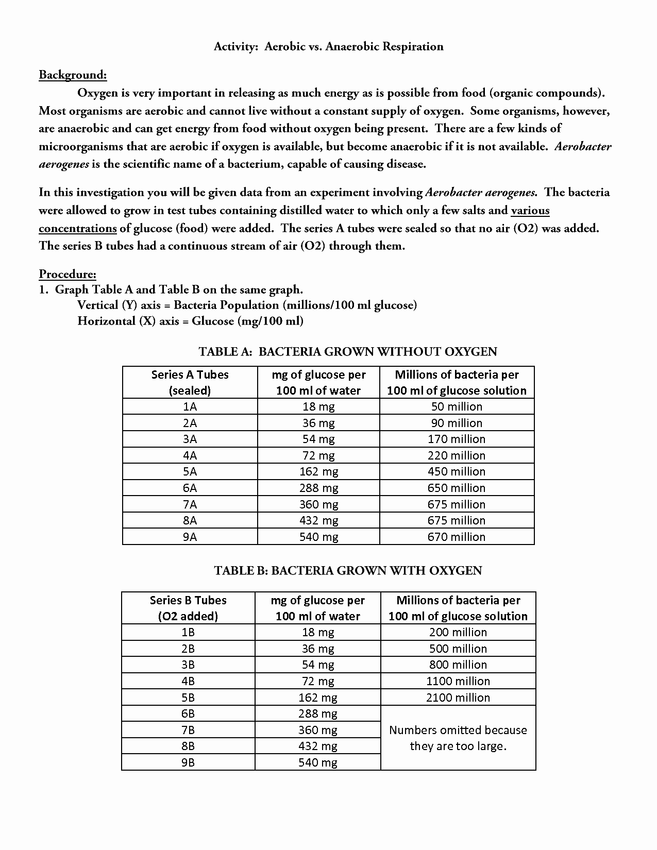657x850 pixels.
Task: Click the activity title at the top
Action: click(x=328, y=47)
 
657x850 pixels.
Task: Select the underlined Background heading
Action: click(x=73, y=75)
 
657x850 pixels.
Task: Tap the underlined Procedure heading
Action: click(x=68, y=274)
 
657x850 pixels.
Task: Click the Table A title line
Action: click(x=348, y=352)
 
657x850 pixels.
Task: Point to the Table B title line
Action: click(x=348, y=571)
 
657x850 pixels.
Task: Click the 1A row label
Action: click(x=190, y=406)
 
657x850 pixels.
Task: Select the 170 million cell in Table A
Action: click(x=457, y=439)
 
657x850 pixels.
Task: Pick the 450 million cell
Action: click(x=457, y=471)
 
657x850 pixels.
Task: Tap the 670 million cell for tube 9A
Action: click(x=457, y=537)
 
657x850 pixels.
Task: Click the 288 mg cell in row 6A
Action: click(x=318, y=488)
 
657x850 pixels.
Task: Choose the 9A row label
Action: click(x=190, y=537)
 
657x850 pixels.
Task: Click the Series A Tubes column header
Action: click(x=190, y=382)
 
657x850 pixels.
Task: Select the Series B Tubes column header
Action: click(x=188, y=608)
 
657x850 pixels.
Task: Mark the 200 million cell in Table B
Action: click(x=458, y=632)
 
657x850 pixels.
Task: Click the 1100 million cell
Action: click(x=458, y=681)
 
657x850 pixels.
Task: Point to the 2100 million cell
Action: click(x=458, y=698)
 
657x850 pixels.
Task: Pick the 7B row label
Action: click(x=188, y=730)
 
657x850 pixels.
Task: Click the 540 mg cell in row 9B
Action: click(x=317, y=762)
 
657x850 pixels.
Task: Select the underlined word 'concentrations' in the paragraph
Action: click(x=78, y=228)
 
